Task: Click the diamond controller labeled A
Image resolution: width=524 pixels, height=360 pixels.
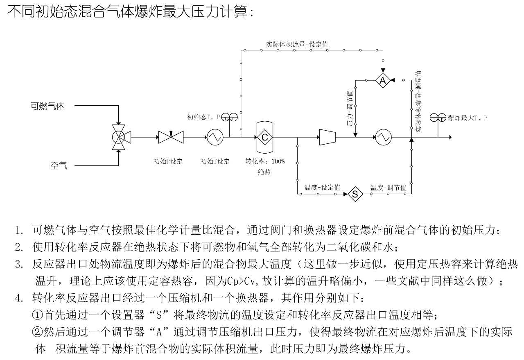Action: point(383,81)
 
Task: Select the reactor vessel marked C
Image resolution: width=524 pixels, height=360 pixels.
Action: point(265,137)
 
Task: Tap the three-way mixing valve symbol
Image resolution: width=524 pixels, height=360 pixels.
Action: point(119,137)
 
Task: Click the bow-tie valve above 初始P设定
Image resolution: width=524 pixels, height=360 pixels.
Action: point(171,137)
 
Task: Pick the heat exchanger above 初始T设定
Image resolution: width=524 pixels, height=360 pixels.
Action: point(215,137)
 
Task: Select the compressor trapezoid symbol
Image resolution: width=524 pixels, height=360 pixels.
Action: point(327,137)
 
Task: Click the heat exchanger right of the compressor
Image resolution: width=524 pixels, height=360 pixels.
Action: point(384,137)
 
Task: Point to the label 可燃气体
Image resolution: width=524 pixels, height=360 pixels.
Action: point(48,106)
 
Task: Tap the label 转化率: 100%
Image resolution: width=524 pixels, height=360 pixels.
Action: point(264,161)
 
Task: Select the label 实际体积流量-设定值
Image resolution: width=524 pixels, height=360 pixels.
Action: point(297,44)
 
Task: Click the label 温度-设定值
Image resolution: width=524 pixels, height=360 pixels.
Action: point(322,188)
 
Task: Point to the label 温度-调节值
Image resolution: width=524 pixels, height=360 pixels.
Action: point(388,188)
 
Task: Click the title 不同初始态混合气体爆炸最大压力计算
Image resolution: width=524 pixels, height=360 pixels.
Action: point(131,12)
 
